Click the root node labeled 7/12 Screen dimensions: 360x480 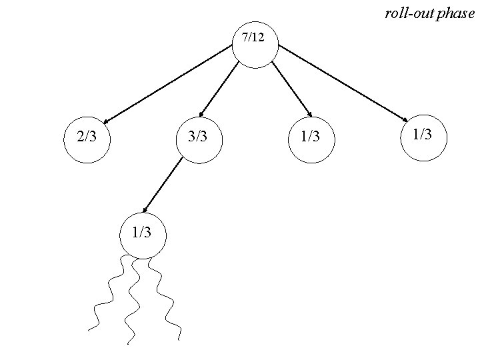pyautogui.click(x=253, y=46)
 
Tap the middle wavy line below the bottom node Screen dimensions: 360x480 pyautogui.click(x=133, y=300)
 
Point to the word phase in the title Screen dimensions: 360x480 pyautogui.click(x=456, y=14)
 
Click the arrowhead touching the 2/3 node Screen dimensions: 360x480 pyautogui.click(x=107, y=122)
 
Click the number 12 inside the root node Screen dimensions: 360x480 pyautogui.click(x=257, y=38)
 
